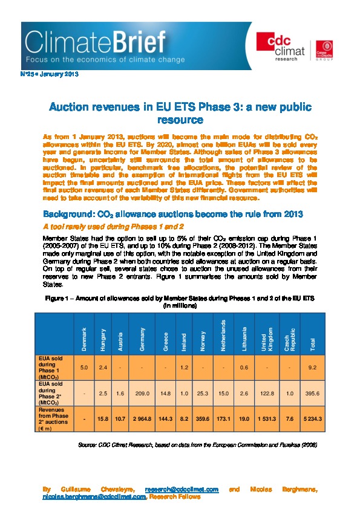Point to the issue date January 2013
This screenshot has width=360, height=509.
tap(62, 75)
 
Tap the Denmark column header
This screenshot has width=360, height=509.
tap(84, 336)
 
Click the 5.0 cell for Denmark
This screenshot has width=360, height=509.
tap(84, 367)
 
